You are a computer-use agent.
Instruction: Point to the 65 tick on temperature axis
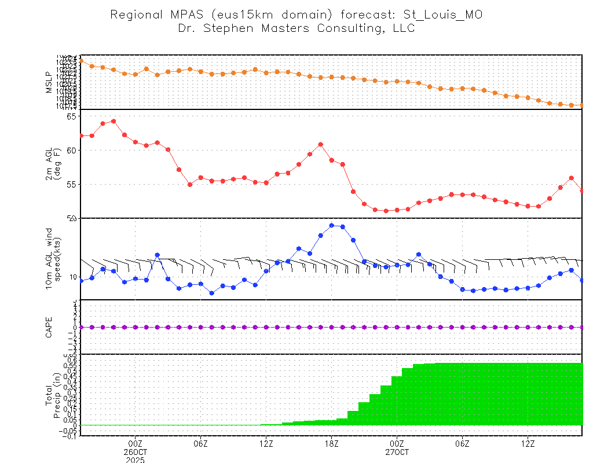click(x=72, y=116)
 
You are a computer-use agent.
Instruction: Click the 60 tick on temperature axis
click(x=72, y=150)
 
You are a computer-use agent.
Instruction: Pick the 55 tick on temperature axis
click(x=72, y=184)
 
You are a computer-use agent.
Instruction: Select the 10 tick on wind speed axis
click(x=73, y=277)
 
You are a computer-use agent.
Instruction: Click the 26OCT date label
click(x=135, y=452)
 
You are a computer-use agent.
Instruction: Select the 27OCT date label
click(x=397, y=452)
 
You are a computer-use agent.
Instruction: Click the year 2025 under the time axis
click(x=135, y=460)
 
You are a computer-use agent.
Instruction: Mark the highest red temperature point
click(x=114, y=121)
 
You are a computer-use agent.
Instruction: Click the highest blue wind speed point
click(x=332, y=225)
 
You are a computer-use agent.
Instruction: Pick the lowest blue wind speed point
click(x=212, y=293)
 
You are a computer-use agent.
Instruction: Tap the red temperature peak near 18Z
click(x=321, y=144)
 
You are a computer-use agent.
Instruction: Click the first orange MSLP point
click(x=81, y=60)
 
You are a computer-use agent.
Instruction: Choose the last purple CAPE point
click(x=582, y=327)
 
